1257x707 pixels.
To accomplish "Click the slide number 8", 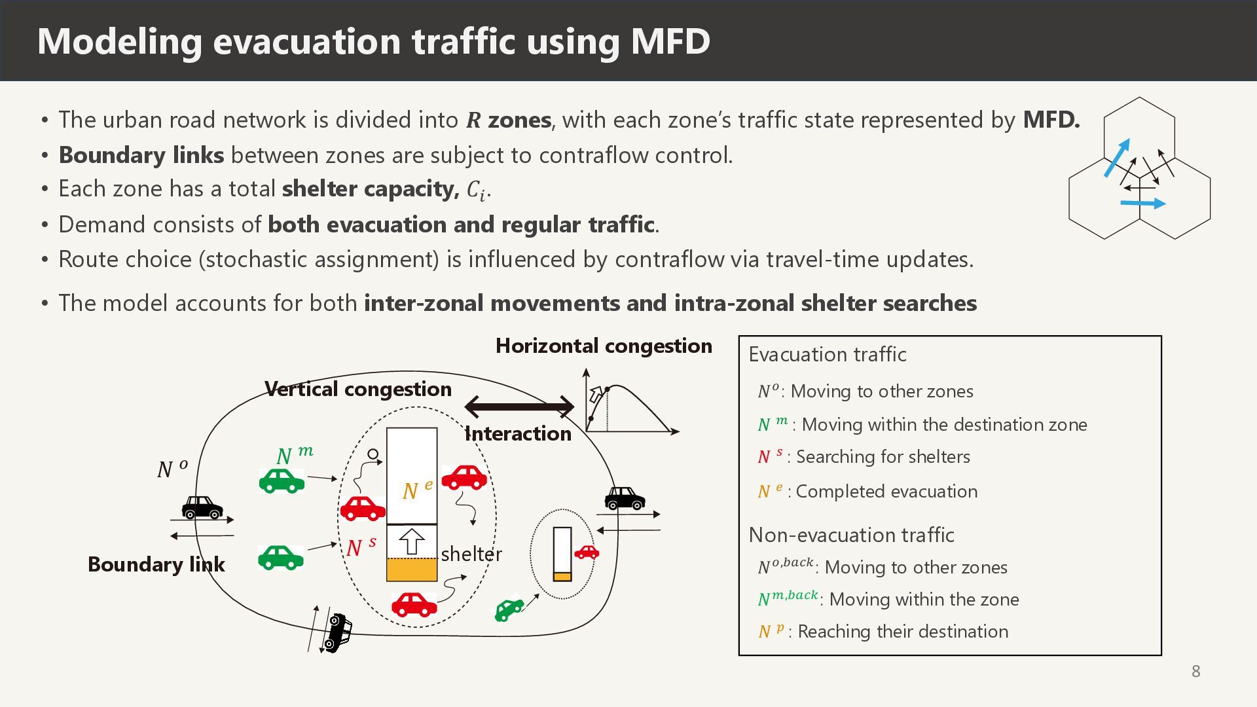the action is pos(1195,671).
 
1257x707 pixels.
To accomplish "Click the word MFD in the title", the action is pos(670,41).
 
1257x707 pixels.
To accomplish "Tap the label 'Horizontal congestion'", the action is pos(603,346).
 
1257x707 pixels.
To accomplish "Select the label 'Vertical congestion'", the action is pos(358,389).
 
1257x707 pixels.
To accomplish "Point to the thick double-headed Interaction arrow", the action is pos(519,407).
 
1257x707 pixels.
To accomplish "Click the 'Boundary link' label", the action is pos(156,564).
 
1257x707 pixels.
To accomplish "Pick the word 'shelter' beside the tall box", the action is pos(471,554).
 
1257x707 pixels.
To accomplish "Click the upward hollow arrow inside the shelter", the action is pos(411,541).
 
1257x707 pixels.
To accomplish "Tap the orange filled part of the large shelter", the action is pos(412,570).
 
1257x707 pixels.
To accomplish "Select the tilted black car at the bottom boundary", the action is pos(337,632).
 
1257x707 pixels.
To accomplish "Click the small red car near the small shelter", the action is pos(586,552).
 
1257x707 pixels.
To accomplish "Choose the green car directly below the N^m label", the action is pos(282,481).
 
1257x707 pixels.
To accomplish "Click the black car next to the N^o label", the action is pos(202,507).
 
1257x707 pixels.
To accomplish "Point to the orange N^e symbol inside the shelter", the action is pos(417,490).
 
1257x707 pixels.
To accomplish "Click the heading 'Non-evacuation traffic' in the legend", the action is pos(851,535).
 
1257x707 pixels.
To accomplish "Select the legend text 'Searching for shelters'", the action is pos(883,457).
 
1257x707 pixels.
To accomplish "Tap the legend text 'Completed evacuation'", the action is pos(886,492).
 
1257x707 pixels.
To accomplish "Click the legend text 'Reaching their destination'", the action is pos(903,632).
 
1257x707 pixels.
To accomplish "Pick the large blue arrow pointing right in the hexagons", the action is pos(1143,204).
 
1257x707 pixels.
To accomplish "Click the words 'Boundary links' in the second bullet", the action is pos(141,155).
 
